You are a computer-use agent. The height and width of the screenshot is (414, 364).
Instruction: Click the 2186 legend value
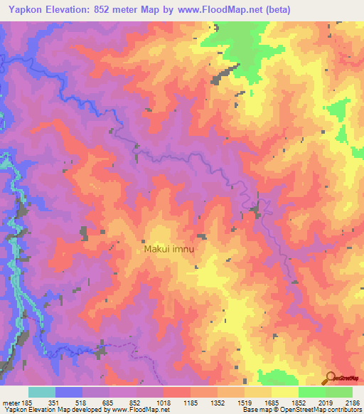pos(352,403)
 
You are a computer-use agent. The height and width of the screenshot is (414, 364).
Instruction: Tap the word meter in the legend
pos(10,403)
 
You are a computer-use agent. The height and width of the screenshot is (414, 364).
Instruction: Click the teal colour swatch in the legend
pos(42,392)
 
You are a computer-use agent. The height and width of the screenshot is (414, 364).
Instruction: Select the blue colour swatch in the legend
pos(69,392)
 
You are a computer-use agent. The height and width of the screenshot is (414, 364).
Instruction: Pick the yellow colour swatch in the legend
pos(285,392)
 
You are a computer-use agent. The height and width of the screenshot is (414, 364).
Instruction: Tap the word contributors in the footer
pos(344,410)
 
